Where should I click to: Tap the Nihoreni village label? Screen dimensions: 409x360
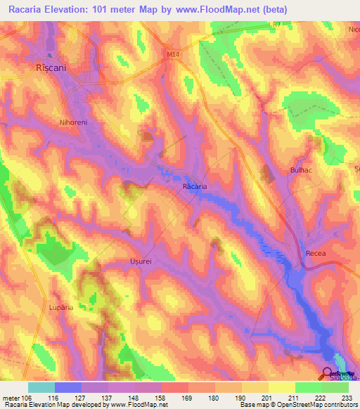point(73,122)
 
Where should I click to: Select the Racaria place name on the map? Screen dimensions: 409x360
point(195,187)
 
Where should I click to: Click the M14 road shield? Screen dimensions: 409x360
point(174,52)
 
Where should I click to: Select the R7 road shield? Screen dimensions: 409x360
point(276,24)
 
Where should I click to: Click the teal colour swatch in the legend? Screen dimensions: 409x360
point(41,387)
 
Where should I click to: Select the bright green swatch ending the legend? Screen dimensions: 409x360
point(335,387)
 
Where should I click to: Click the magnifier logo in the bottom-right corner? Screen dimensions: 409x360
point(328,373)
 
